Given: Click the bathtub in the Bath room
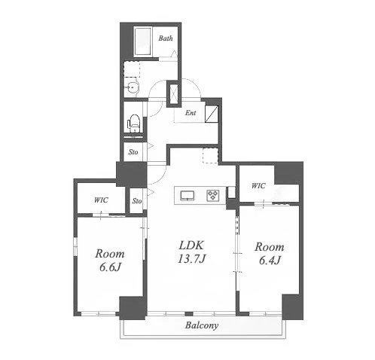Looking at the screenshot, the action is (143, 41).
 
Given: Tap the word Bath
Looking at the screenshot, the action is (166, 38).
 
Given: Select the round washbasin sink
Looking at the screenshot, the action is (131, 87).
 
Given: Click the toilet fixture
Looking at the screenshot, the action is (134, 123).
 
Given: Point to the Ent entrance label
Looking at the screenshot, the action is (191, 113).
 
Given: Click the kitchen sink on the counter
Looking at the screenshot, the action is (187, 196).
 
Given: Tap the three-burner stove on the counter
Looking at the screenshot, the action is (213, 195).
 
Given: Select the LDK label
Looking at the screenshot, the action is (191, 246).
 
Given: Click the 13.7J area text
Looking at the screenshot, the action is (192, 258).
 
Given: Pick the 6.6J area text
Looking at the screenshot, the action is (110, 267).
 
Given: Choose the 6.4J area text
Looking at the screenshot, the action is (270, 261).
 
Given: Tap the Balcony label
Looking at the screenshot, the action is (202, 325).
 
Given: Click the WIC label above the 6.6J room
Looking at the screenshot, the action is (101, 200).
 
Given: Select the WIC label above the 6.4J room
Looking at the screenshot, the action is (258, 186).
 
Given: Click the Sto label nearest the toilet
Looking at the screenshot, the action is (133, 152).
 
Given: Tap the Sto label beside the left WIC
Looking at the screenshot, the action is (137, 201).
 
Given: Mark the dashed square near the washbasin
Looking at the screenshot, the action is (132, 69).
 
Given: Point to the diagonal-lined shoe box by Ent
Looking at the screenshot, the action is (212, 114).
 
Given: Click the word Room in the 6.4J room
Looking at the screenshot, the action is (270, 247).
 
